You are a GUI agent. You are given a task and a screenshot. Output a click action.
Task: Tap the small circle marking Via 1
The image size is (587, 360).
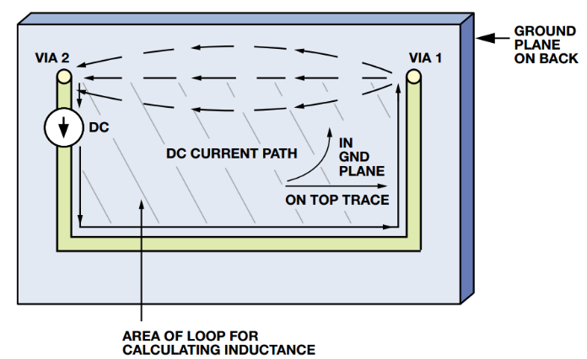click(x=413, y=78)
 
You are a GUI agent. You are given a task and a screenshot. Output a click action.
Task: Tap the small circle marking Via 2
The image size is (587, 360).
click(x=64, y=78)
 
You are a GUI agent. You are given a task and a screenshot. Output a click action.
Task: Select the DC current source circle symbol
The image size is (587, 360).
click(x=62, y=128)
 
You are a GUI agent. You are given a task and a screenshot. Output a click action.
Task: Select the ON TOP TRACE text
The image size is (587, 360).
click(x=337, y=200)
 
